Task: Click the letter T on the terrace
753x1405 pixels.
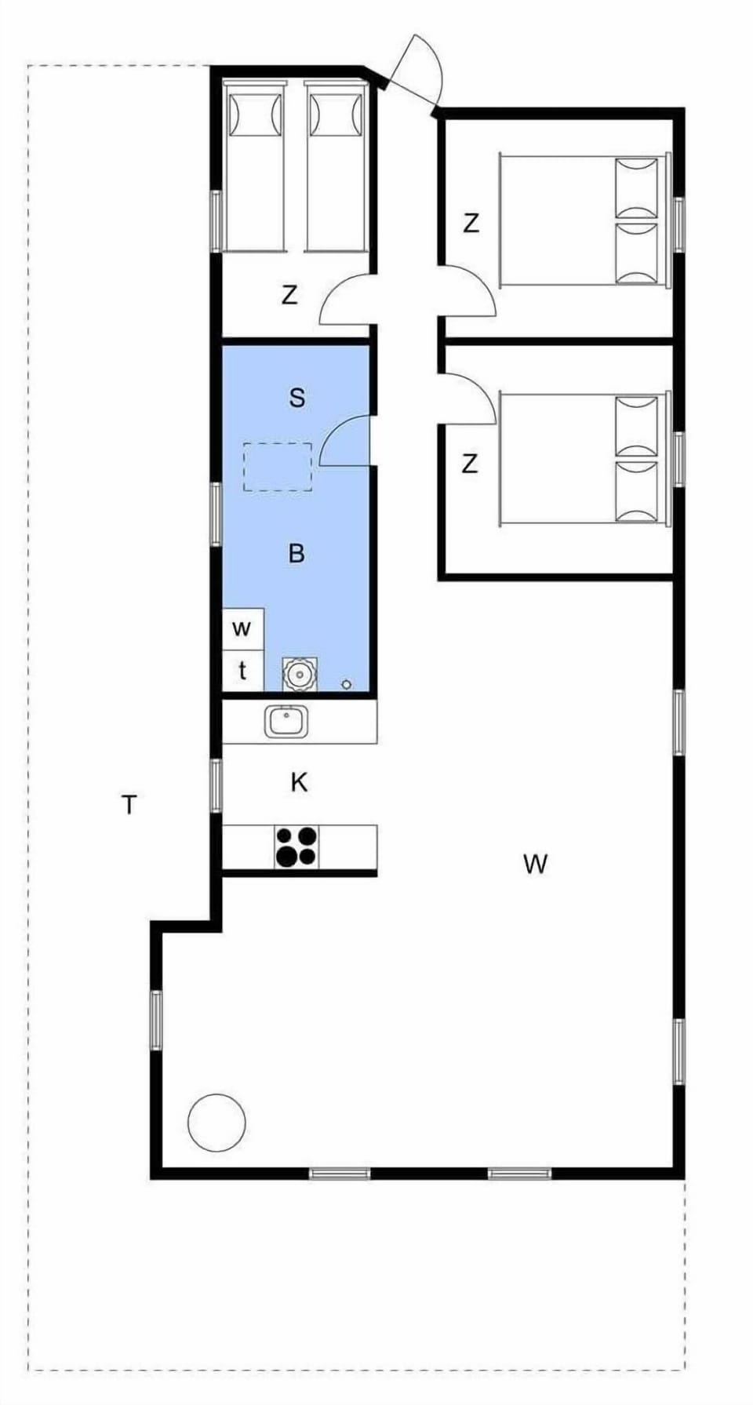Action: [x=129, y=804]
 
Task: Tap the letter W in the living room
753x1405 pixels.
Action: [x=535, y=864]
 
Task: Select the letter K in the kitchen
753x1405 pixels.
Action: [x=299, y=782]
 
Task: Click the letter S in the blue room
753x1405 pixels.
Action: [x=296, y=398]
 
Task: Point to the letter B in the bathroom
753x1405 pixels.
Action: [x=296, y=554]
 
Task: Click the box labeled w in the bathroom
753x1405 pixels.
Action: [x=242, y=628]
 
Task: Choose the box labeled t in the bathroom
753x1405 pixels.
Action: [x=242, y=671]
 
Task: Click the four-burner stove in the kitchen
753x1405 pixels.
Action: [x=296, y=847]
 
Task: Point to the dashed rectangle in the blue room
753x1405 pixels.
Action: [x=277, y=467]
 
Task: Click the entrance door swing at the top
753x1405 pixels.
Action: [x=416, y=71]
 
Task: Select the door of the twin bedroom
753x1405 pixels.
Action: [x=347, y=300]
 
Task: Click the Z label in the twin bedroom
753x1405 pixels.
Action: [x=289, y=296]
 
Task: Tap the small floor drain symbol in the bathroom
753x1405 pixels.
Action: [x=347, y=685]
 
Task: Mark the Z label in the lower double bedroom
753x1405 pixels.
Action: [x=469, y=464]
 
